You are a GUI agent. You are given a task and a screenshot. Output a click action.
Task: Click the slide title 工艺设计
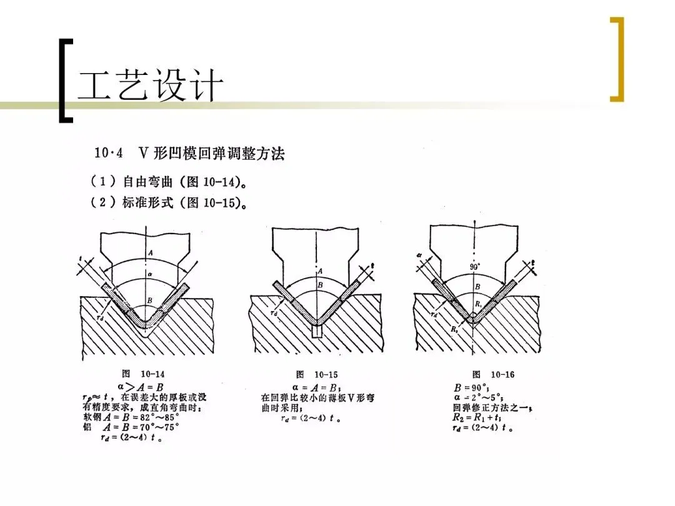150,86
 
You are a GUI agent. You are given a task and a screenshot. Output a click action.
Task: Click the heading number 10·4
108,154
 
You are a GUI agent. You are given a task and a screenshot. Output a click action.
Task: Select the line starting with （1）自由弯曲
167,183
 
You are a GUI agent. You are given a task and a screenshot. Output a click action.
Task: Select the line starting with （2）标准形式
167,203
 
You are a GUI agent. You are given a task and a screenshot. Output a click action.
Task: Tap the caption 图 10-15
317,375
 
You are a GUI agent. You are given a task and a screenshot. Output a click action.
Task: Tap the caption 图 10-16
494,375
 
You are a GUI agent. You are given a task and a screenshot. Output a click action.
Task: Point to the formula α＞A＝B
142,387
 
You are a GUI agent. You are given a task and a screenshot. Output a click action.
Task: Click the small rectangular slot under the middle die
317,332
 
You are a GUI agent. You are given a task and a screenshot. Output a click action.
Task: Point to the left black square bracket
64,80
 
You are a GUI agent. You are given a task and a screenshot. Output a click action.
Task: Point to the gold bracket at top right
617,59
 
